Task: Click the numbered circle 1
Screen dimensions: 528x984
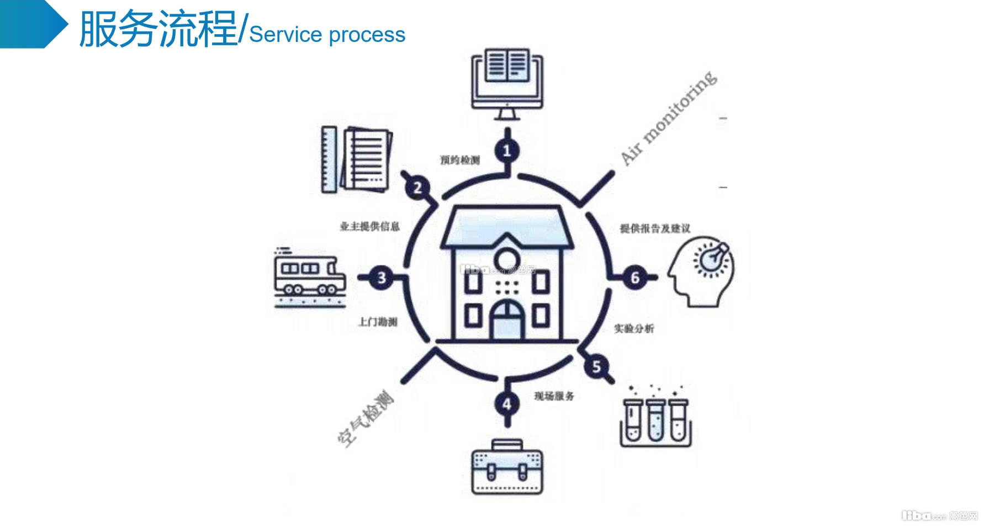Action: tap(507, 150)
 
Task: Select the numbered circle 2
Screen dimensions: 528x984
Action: tap(417, 188)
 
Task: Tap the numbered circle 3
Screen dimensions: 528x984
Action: tap(381, 278)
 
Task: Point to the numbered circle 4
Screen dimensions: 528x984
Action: tap(507, 404)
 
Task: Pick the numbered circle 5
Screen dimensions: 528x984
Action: tap(596, 366)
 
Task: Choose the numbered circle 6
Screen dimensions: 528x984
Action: tap(635, 278)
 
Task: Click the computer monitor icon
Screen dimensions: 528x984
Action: tap(507, 83)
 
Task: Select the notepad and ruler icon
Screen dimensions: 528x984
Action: tap(356, 160)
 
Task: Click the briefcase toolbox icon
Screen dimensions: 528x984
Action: tap(507, 467)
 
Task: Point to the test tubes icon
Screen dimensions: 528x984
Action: tap(655, 419)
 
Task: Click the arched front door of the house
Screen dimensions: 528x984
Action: tap(507, 320)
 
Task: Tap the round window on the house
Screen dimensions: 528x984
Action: tap(505, 259)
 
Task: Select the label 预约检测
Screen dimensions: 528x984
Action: tap(460, 160)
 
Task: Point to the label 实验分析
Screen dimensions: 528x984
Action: tap(634, 329)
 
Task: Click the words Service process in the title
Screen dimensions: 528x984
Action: tap(327, 34)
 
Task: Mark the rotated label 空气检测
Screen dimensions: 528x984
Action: tap(366, 418)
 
